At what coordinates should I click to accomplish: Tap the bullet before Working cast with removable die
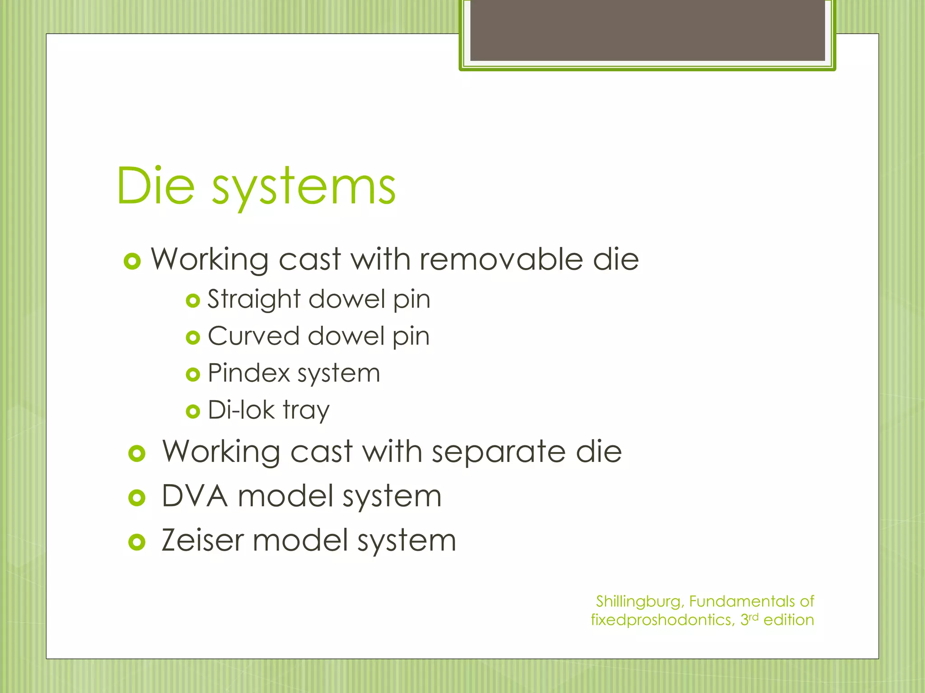coord(132,261)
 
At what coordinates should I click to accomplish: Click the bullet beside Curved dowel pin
coord(193,337)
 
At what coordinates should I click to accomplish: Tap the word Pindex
coord(249,373)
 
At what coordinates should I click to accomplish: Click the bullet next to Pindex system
coord(193,374)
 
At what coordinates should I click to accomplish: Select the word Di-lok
coord(241,410)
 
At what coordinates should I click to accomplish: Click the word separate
coord(499,452)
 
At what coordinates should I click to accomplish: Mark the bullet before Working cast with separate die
coord(137,453)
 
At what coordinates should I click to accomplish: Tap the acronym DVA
coord(195,496)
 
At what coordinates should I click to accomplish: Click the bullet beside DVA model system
coord(137,498)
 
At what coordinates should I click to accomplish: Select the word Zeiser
coord(203,540)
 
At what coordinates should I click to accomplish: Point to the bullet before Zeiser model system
coord(137,542)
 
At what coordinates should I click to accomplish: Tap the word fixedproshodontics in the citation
coord(662,620)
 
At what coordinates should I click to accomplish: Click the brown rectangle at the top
coord(648,30)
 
